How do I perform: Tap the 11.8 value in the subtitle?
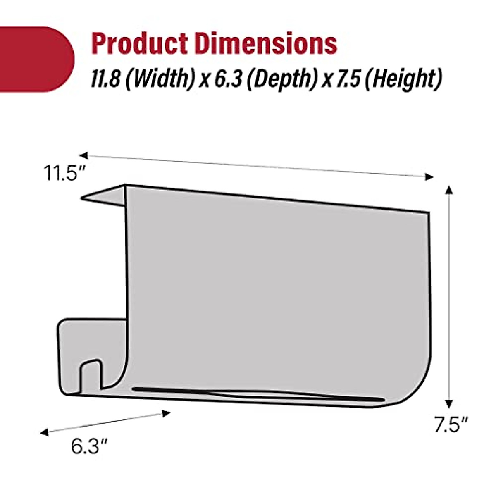tap(106, 78)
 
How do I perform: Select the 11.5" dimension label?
tap(64, 173)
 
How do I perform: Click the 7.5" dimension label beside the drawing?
tap(451, 424)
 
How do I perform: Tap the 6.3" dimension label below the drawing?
tap(89, 446)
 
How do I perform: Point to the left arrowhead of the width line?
tap(83, 155)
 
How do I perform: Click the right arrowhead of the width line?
tap(430, 177)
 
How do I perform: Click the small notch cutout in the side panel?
tap(90, 374)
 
